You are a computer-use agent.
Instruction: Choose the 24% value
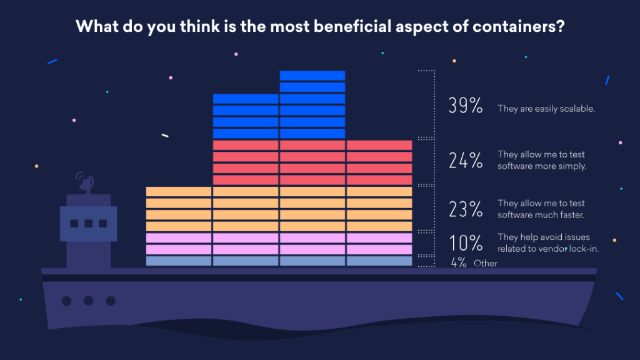[x=466, y=162]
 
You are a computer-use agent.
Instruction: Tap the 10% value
[x=466, y=243]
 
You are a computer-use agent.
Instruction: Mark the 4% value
[x=460, y=264]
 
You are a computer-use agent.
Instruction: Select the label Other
[x=486, y=264]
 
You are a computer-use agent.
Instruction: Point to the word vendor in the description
[x=551, y=248]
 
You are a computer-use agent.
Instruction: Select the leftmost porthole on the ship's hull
[x=66, y=300]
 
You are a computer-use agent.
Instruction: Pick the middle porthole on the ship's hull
[x=88, y=300]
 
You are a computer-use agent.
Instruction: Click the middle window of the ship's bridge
[x=88, y=223]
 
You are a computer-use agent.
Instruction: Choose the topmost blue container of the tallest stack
[x=312, y=76]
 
